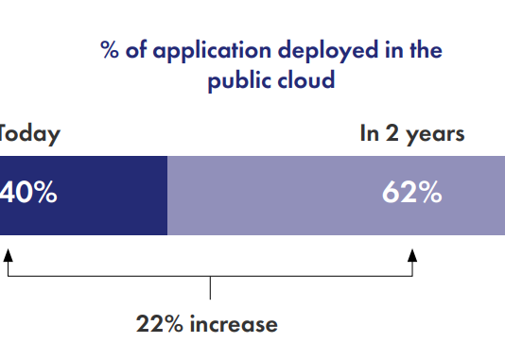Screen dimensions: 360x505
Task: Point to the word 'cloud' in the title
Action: [x=305, y=80]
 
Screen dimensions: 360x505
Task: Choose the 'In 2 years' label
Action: [x=411, y=134]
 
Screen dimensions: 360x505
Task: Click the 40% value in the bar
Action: [x=28, y=194]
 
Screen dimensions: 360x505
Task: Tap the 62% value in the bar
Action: [x=411, y=194]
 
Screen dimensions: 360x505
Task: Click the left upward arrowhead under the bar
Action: [x=8, y=254]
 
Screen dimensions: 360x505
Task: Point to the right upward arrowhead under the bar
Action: [x=412, y=254]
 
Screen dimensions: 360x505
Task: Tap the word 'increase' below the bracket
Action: [x=234, y=325]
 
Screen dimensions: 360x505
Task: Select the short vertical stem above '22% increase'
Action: [x=210, y=288]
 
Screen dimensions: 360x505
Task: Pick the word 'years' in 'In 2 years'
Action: [x=436, y=134]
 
